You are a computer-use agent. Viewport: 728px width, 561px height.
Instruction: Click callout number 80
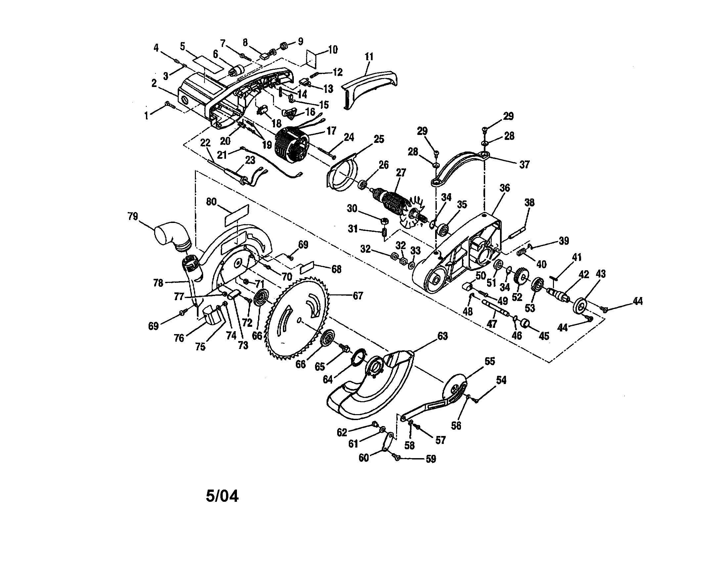[x=211, y=202]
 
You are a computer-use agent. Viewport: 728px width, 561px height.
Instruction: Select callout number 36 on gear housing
[x=505, y=188]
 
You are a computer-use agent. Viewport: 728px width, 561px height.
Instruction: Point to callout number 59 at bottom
[x=431, y=459]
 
